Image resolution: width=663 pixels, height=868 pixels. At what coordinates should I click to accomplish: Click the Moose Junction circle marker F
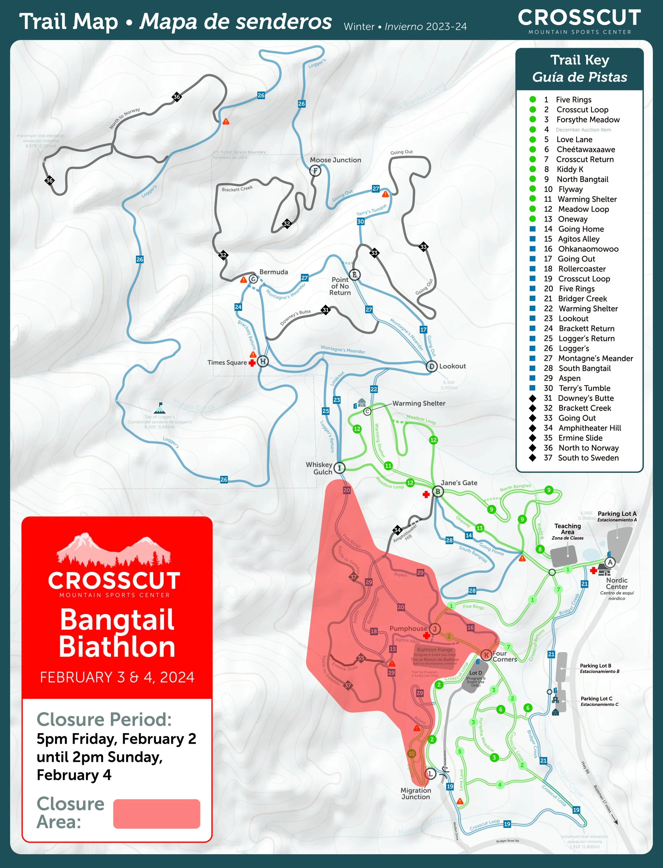[315, 171]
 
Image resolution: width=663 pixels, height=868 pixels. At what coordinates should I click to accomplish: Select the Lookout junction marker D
[431, 367]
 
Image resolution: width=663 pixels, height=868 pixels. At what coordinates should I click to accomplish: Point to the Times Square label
[227, 363]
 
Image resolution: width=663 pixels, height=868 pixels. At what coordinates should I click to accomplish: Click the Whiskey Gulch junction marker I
[339, 468]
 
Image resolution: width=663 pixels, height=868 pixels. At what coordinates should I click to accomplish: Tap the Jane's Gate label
[459, 483]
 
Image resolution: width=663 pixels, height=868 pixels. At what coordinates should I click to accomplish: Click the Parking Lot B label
[596, 666]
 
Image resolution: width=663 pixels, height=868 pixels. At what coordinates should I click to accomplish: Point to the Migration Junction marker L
[430, 774]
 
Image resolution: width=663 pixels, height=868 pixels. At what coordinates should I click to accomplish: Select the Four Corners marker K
[487, 655]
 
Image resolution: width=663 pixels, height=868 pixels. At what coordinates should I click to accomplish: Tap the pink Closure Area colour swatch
[157, 814]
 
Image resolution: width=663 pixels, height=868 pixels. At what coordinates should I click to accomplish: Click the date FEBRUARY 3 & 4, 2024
[117, 677]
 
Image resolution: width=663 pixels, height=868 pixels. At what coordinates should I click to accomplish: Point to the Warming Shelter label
[419, 403]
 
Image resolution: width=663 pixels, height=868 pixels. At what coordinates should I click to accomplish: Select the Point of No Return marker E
[354, 275]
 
